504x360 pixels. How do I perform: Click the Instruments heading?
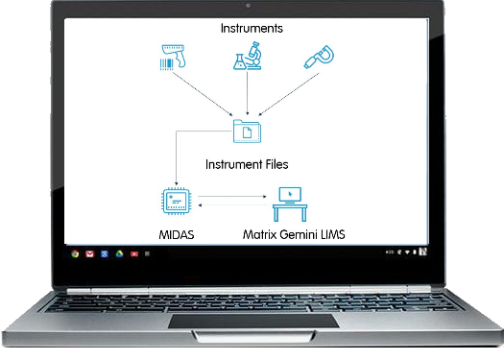click(x=252, y=28)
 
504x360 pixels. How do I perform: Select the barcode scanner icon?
click(x=173, y=58)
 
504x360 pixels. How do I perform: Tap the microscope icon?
click(x=248, y=56)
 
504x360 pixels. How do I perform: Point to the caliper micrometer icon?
click(x=319, y=57)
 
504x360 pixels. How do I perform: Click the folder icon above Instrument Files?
click(x=247, y=132)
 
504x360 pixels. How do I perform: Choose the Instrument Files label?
click(x=247, y=164)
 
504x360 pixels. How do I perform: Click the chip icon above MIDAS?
click(x=176, y=202)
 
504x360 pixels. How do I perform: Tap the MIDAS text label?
click(x=177, y=235)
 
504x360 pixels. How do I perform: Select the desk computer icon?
click(x=290, y=204)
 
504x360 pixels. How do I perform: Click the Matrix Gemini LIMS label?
click(x=294, y=234)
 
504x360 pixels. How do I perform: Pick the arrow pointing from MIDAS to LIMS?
click(x=232, y=197)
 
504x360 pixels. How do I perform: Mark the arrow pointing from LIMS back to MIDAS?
click(x=232, y=205)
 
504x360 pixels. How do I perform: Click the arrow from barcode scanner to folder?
click(x=203, y=93)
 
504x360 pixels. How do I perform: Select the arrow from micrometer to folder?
click(x=289, y=94)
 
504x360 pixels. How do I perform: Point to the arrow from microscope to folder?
click(x=247, y=93)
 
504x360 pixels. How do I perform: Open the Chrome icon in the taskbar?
click(x=75, y=254)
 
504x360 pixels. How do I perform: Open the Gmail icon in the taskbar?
click(x=89, y=254)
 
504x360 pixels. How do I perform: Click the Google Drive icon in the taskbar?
click(x=120, y=254)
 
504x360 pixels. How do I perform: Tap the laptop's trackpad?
click(x=253, y=321)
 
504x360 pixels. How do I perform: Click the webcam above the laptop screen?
click(x=248, y=6)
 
